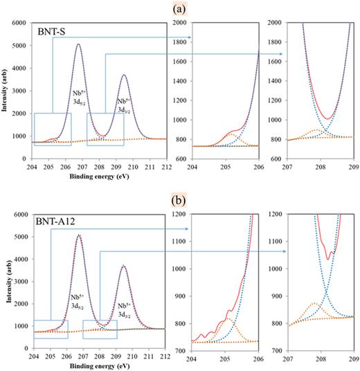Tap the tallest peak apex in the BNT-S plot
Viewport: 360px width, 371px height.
click(78, 44)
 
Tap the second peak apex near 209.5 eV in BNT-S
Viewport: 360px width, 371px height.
click(124, 75)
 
